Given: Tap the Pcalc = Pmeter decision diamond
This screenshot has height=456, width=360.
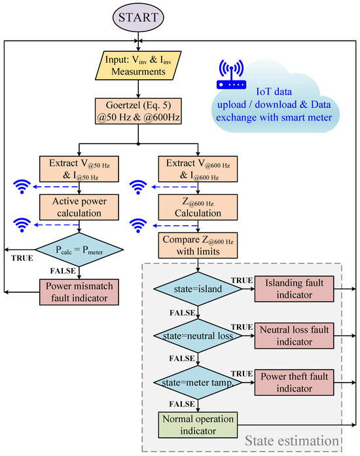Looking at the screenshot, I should pyautogui.click(x=80, y=249).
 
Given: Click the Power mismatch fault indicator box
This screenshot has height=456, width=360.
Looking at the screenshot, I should pyautogui.click(x=80, y=291).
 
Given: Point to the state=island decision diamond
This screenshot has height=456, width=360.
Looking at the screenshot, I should pyautogui.click(x=197, y=289).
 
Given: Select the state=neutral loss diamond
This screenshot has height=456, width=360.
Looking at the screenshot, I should pyautogui.click(x=197, y=335).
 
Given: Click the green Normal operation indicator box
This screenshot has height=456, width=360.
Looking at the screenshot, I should pyautogui.click(x=197, y=423).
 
